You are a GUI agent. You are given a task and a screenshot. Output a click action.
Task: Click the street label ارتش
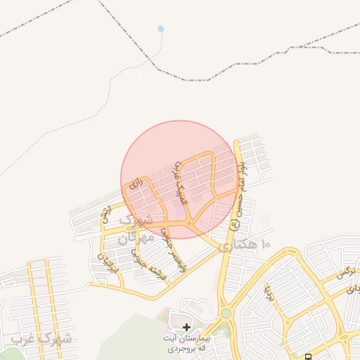point(106,215)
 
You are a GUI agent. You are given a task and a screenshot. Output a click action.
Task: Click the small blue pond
point(161,30)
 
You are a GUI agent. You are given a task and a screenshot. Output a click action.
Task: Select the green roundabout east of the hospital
point(226,314)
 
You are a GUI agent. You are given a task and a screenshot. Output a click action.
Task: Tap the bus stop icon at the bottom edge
point(309,356)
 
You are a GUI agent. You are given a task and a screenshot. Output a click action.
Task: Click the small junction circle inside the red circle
point(188,224)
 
